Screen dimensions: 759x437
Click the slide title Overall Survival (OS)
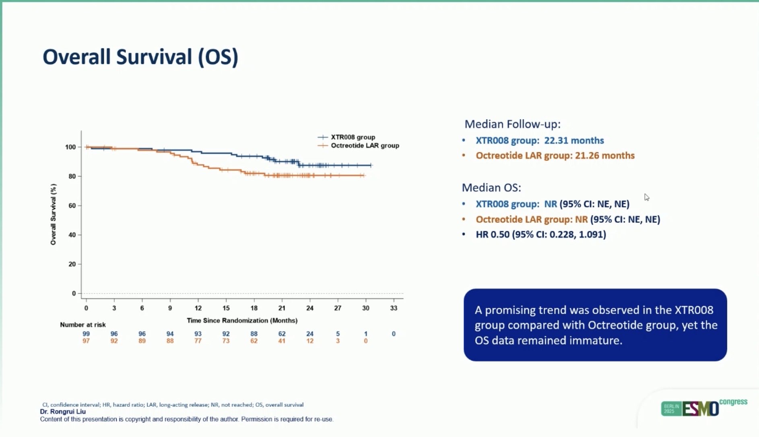pyautogui.click(x=140, y=57)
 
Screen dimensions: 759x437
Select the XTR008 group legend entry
pyautogui.click(x=346, y=137)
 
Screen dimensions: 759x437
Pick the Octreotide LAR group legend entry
pyautogui.click(x=358, y=145)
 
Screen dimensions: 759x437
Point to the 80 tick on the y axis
pyautogui.click(x=72, y=176)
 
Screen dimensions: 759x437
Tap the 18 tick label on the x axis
pyautogui.click(x=254, y=308)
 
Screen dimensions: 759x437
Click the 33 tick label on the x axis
pyautogui.click(x=394, y=308)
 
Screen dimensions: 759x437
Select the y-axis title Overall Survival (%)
pyautogui.click(x=53, y=214)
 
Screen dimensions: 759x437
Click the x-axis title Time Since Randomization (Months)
pyautogui.click(x=242, y=321)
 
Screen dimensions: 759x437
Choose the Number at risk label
pyautogui.click(x=83, y=325)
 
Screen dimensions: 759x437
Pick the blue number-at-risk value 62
pyautogui.click(x=282, y=334)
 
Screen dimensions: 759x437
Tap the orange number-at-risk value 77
pyautogui.click(x=198, y=341)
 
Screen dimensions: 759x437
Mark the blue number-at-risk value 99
pyautogui.click(x=86, y=334)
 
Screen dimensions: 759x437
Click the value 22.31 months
pyautogui.click(x=574, y=141)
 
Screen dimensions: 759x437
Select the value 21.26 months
pyautogui.click(x=604, y=155)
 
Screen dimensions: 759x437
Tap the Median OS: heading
pyautogui.click(x=491, y=188)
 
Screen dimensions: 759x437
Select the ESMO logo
pyautogui.click(x=701, y=408)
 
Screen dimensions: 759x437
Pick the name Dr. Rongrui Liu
pyautogui.click(x=63, y=412)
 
